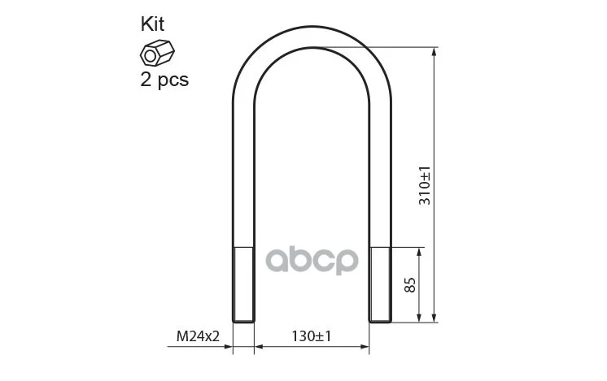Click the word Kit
pos(152,24)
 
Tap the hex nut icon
pos(157,53)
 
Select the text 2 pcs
pos(164,80)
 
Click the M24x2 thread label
pos(198,336)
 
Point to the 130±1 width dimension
pos(312,336)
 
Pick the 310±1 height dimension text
pos(425,185)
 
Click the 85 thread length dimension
pos(409,285)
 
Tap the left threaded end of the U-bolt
pos(243,285)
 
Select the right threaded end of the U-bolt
pos(380,285)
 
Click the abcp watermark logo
pos(312,261)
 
